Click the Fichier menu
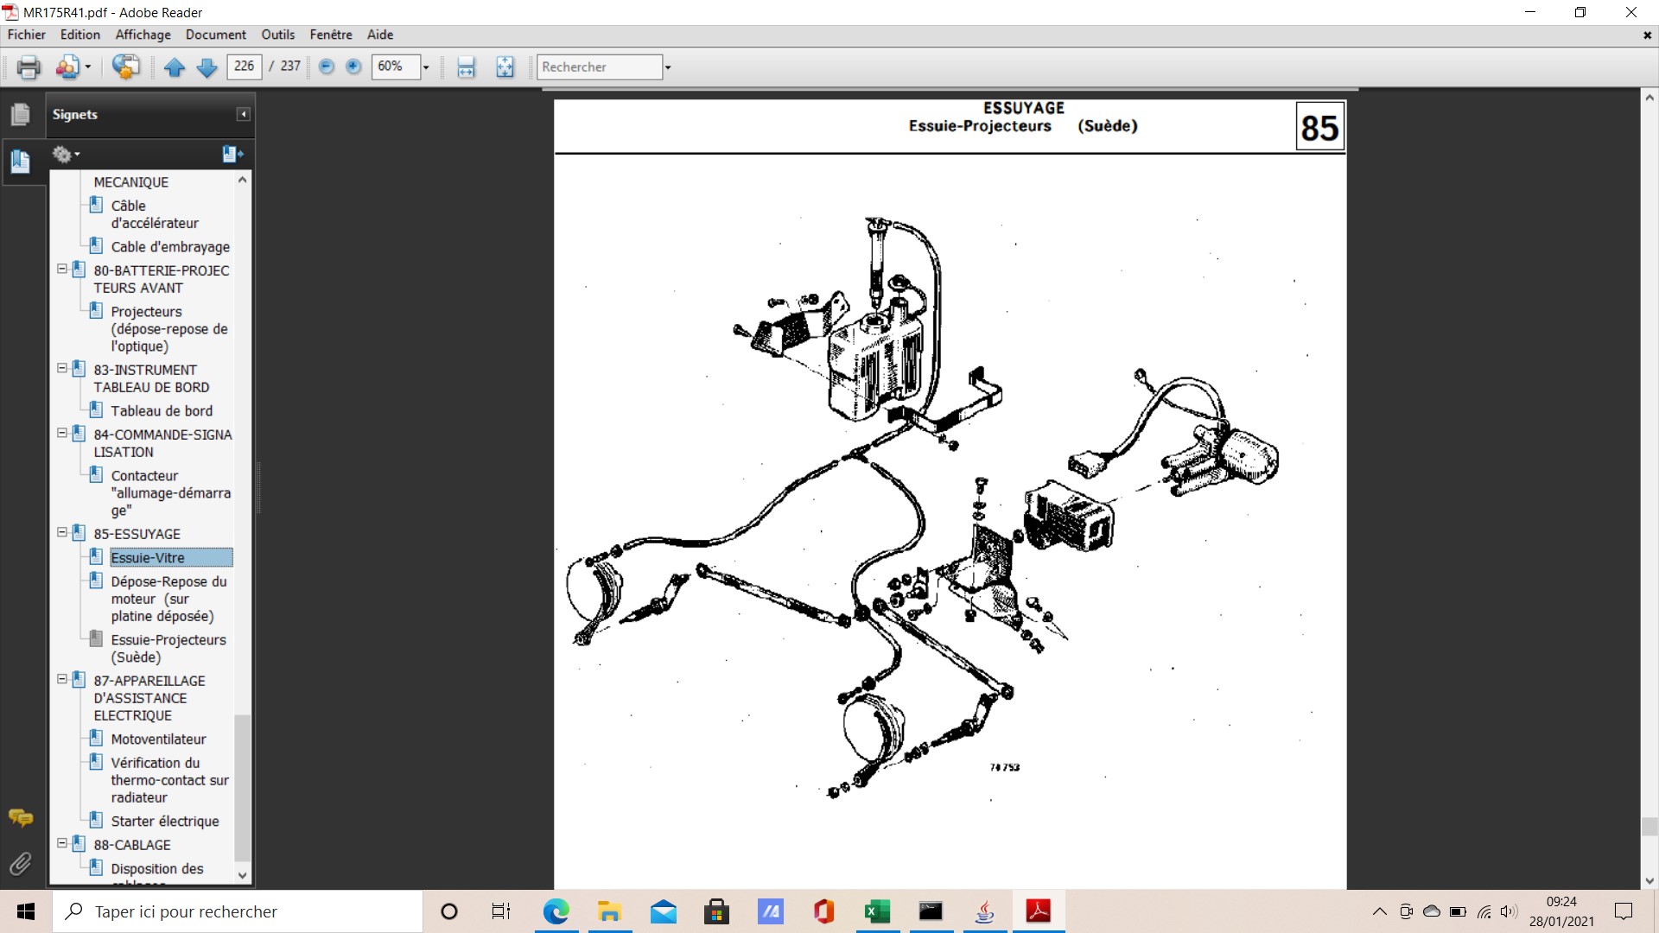(x=27, y=35)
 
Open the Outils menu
(x=277, y=35)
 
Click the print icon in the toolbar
(x=29, y=67)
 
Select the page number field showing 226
(x=244, y=67)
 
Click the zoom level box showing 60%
(x=396, y=67)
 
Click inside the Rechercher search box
(x=600, y=67)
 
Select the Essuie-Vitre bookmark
(x=148, y=558)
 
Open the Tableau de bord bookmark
(x=162, y=411)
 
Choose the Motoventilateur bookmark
(x=158, y=739)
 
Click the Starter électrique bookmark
(x=165, y=822)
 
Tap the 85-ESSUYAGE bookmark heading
(x=137, y=534)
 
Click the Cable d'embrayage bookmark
(x=170, y=247)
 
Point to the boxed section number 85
(x=1319, y=127)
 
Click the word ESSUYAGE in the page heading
(x=1024, y=108)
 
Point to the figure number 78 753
(x=1005, y=767)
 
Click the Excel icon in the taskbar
(x=877, y=911)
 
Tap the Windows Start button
(x=26, y=911)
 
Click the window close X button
(x=1630, y=12)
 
